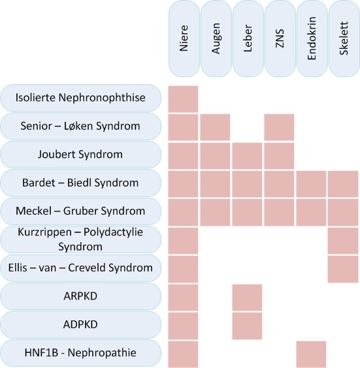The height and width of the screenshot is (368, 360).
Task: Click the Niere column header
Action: (184, 38)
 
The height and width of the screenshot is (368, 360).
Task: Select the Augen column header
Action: (216, 38)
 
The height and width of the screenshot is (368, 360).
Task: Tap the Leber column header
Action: (248, 38)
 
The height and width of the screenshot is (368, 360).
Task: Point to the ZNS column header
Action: (280, 38)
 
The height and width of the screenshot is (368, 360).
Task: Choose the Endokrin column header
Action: (312, 38)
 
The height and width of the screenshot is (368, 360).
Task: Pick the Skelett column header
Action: (344, 38)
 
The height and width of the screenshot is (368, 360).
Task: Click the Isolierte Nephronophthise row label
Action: (80, 98)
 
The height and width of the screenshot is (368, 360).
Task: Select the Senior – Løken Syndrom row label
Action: (80, 126)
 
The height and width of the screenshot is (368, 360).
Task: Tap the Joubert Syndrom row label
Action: (80, 155)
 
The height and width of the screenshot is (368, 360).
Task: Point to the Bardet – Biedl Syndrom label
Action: (80, 183)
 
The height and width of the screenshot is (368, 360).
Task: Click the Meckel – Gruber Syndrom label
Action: (80, 211)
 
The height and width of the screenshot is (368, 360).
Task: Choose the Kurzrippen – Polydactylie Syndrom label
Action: (80, 239)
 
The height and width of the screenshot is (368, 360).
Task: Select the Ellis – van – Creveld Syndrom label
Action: (80, 268)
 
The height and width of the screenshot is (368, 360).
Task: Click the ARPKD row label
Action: (80, 296)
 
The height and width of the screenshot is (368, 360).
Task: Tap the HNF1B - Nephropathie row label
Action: (80, 353)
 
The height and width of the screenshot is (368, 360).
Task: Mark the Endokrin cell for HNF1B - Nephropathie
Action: (311, 354)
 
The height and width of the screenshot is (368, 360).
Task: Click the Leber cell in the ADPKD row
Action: (247, 326)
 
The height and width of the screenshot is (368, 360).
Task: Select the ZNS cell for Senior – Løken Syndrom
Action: (279, 127)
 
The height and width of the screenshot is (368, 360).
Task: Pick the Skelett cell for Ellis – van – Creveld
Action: (343, 269)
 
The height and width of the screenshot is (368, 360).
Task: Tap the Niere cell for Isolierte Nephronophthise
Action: (184, 99)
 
